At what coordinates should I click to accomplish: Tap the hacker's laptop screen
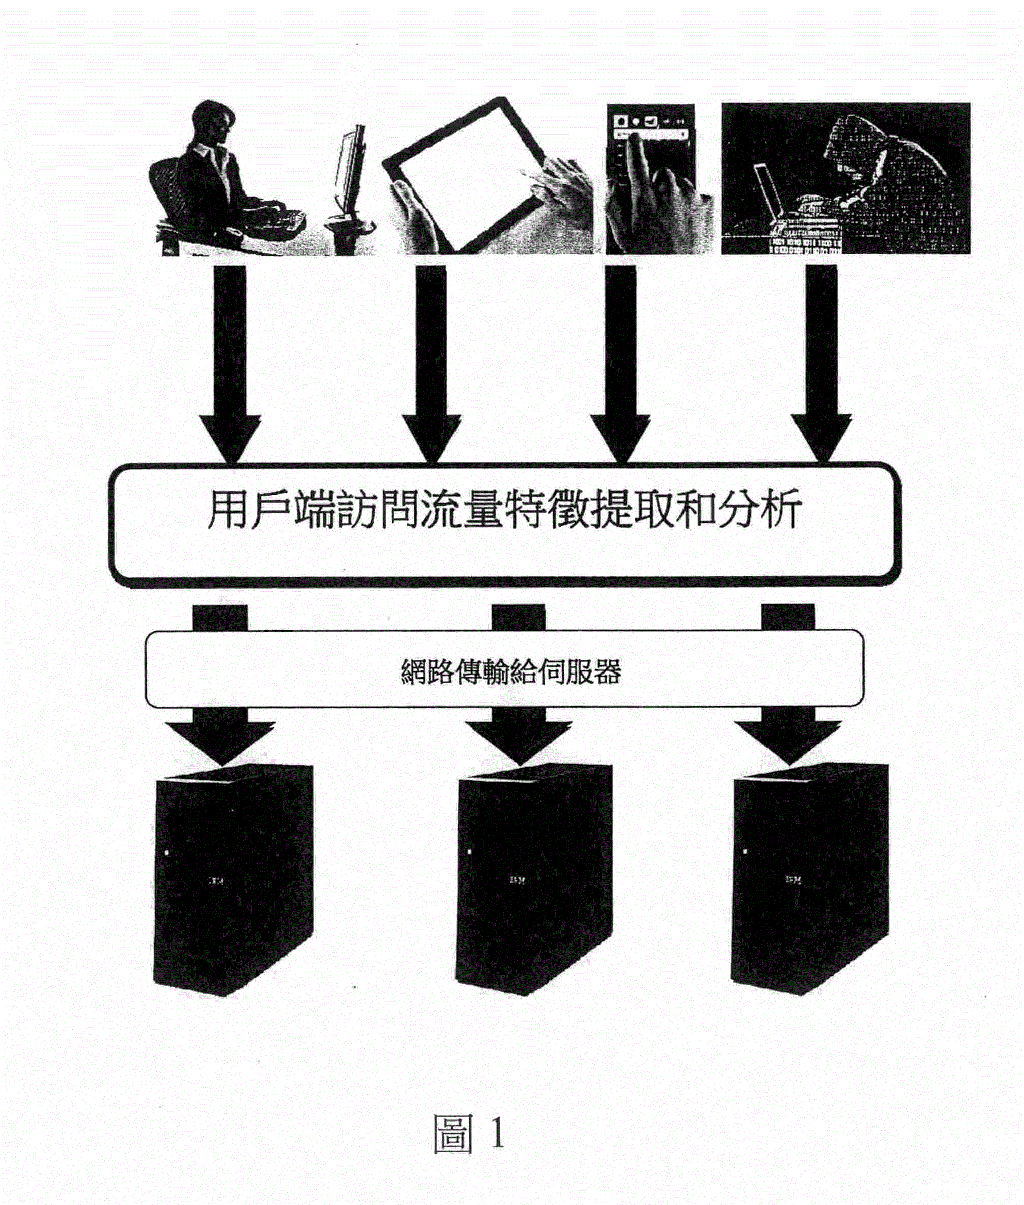(x=769, y=191)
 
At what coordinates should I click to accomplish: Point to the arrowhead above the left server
(x=220, y=740)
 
